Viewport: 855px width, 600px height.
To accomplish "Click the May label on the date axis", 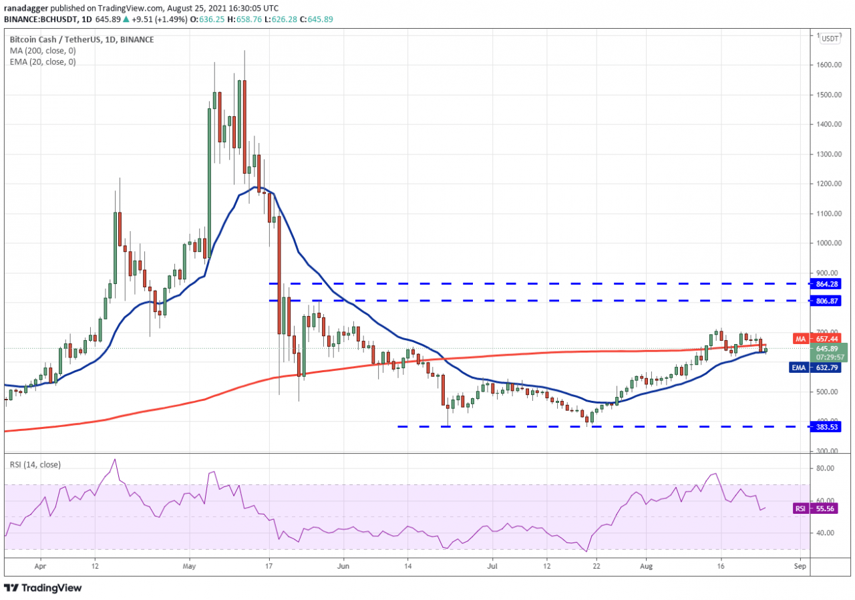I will (189, 565).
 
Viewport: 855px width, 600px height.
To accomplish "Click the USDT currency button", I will (830, 38).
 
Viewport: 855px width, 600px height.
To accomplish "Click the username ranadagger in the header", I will (27, 9).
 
